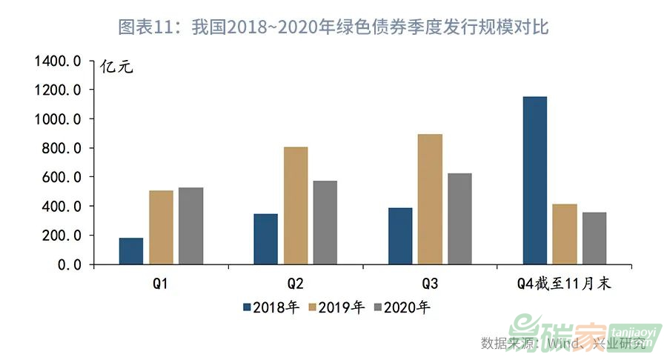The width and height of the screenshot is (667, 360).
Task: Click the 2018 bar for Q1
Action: click(x=131, y=251)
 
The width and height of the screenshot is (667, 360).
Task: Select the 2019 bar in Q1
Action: click(x=161, y=227)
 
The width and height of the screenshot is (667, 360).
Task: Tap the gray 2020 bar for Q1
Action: click(x=190, y=226)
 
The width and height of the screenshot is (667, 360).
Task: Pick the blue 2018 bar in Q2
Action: click(x=265, y=239)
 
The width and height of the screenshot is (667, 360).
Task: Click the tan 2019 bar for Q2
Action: click(x=295, y=205)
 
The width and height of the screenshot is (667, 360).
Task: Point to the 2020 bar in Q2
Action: click(x=325, y=222)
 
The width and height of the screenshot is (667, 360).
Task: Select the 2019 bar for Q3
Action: click(x=430, y=199)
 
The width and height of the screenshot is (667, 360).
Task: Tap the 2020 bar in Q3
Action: click(x=459, y=219)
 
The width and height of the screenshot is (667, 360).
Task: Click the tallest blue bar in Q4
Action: click(x=534, y=180)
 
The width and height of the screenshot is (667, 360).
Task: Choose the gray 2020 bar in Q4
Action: click(x=594, y=238)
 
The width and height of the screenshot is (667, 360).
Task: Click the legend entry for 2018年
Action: click(x=271, y=307)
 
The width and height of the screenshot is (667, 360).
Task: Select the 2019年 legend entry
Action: click(x=336, y=307)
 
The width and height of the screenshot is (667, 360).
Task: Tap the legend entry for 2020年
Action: click(x=402, y=307)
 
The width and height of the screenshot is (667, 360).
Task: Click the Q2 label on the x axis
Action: click(x=294, y=284)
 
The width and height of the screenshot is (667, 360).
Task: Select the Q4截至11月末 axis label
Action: click(x=563, y=284)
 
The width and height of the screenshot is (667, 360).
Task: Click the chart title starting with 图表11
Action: click(x=333, y=28)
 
